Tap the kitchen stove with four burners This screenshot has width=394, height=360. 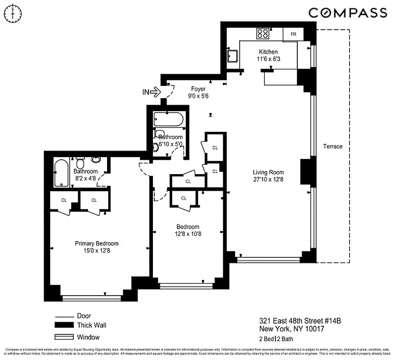pos(262,33)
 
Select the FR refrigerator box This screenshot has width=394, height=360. pos(293,34)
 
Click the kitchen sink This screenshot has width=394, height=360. pos(233,56)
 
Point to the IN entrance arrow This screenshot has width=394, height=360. pos(152,92)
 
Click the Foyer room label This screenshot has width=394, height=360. pos(198,89)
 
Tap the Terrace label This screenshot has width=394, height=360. pos(332,146)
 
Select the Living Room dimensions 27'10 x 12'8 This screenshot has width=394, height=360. pos(268,180)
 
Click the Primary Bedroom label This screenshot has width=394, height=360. pos(96,243)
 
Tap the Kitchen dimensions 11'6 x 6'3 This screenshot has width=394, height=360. pos(268,59)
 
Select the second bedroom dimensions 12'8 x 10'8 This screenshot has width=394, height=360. pos(188,234)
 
